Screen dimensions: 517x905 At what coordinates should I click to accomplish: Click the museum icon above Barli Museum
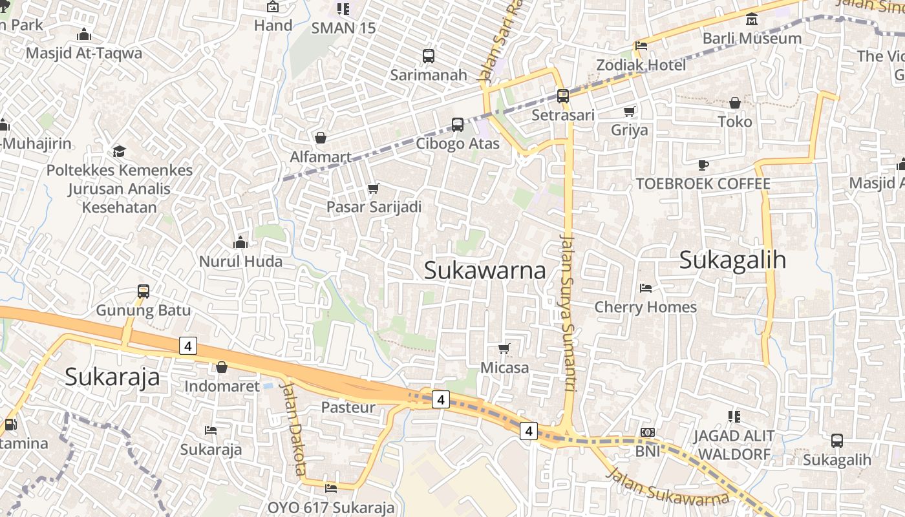(x=752, y=19)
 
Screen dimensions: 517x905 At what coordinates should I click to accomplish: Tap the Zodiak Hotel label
(x=641, y=65)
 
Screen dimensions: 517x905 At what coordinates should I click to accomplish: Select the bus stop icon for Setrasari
(x=562, y=96)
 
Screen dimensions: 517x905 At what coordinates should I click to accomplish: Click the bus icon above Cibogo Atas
(x=458, y=125)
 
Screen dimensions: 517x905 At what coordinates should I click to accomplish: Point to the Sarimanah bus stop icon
(x=428, y=56)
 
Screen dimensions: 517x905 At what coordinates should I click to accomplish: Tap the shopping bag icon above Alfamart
(x=320, y=138)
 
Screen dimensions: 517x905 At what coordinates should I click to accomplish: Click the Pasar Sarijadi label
(x=374, y=207)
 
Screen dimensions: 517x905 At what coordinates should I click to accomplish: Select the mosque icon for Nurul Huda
(x=240, y=243)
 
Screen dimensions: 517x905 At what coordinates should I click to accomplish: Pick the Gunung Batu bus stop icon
(x=144, y=291)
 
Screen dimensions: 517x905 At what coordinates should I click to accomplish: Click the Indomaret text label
(x=222, y=386)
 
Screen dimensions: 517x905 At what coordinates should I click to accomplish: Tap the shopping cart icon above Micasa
(x=504, y=349)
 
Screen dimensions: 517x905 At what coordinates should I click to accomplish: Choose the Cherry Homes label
(x=645, y=307)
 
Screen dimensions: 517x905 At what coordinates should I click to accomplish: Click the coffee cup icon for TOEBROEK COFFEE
(x=703, y=165)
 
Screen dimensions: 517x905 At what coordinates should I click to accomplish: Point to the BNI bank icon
(x=647, y=432)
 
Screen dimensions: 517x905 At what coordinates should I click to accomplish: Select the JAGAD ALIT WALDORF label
(x=734, y=445)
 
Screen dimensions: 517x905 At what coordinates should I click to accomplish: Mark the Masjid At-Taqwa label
(x=84, y=53)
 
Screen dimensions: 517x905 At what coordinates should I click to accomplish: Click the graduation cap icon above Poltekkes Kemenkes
(x=119, y=151)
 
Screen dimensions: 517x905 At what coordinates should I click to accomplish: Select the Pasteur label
(x=348, y=408)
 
